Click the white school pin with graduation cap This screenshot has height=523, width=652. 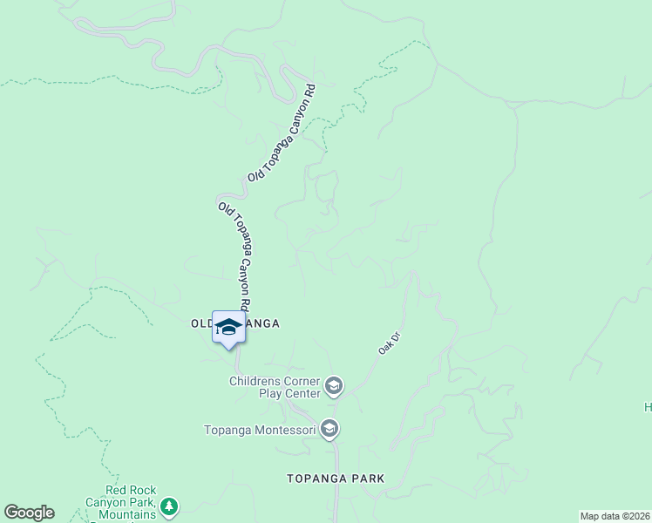(228, 328)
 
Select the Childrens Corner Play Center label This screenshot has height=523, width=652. (275, 387)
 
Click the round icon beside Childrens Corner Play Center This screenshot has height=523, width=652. (333, 385)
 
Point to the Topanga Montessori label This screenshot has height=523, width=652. (259, 429)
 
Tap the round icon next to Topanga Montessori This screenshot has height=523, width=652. (329, 429)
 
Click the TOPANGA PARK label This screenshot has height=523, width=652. (336, 479)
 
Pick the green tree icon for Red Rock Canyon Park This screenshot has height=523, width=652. (169, 506)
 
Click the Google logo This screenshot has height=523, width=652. (29, 513)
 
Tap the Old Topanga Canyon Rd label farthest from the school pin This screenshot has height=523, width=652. (281, 133)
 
